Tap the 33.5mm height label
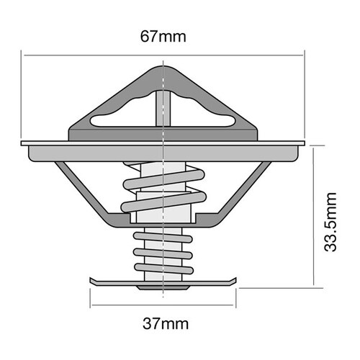pyautogui.click(x=330, y=222)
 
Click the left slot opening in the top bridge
pyautogui.click(x=120, y=120)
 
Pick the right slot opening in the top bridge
pyautogui.click(x=209, y=120)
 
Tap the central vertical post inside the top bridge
pyautogui.click(x=164, y=108)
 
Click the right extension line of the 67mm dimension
pyautogui.click(x=305, y=94)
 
